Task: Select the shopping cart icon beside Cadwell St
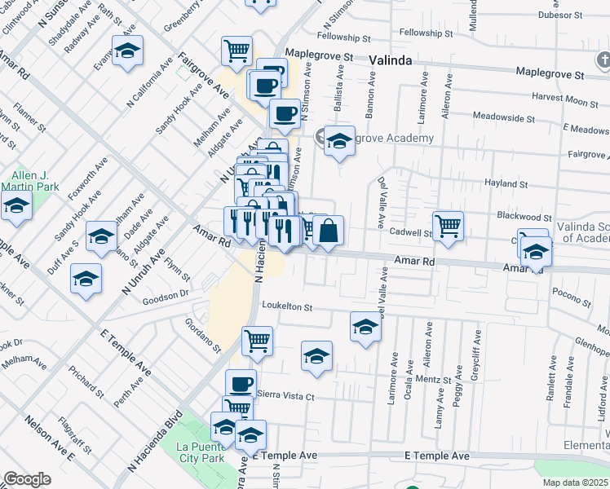point(448,226)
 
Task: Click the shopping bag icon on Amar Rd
point(329,231)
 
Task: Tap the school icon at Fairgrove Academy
point(339,142)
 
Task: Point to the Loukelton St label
point(287,306)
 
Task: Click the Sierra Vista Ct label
point(285,395)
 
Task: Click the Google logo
point(27,478)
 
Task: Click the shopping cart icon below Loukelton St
point(257,341)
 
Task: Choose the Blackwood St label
point(524,217)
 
